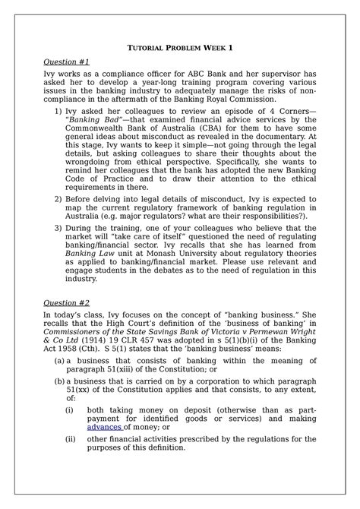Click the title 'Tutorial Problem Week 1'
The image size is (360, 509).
179,48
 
